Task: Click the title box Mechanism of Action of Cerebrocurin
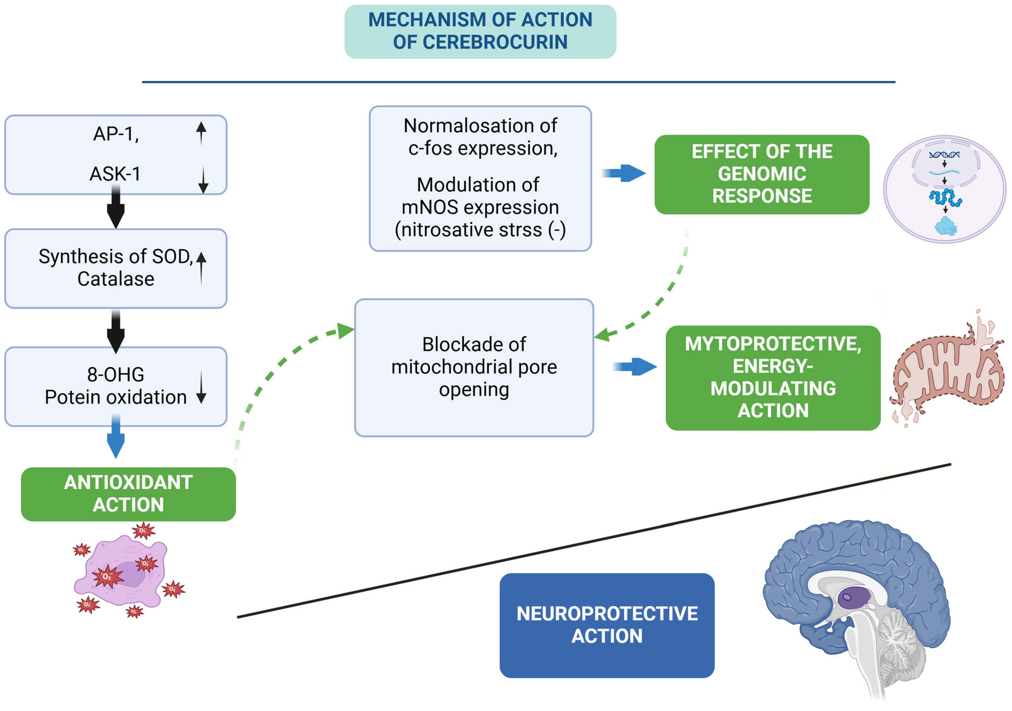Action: click(x=480, y=31)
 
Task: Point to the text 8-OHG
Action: click(x=116, y=374)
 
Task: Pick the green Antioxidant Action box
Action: click(x=128, y=494)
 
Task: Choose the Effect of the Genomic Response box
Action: click(x=762, y=174)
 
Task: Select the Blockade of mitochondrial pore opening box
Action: click(x=474, y=367)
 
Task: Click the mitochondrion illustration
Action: click(x=948, y=370)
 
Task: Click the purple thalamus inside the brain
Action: click(x=853, y=598)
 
